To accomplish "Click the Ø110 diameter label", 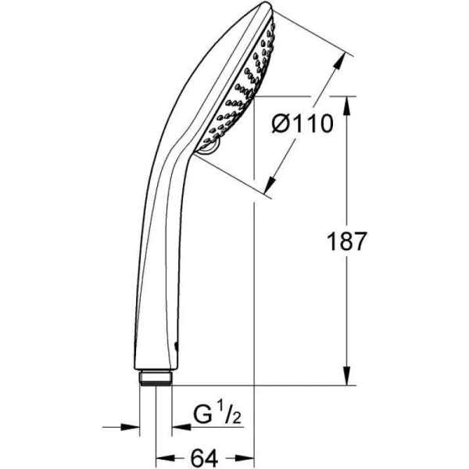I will [x=300, y=124].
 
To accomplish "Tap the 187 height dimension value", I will [x=345, y=241].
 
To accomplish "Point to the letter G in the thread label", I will [x=202, y=414].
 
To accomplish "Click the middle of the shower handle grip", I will [x=156, y=258].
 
